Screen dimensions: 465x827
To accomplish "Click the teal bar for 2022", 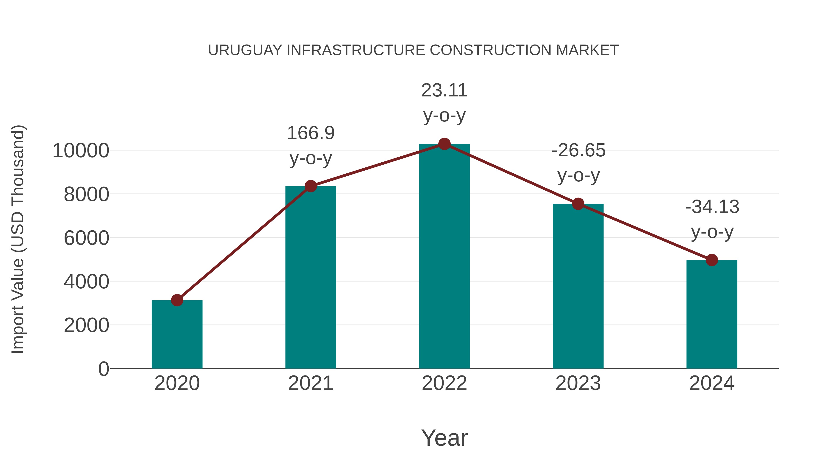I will pyautogui.click(x=444, y=257).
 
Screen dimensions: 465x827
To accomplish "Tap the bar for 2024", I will pyautogui.click(x=712, y=315).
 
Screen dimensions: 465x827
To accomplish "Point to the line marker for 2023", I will pyautogui.click(x=578, y=204).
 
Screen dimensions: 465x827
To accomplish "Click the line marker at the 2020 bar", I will pyautogui.click(x=177, y=300).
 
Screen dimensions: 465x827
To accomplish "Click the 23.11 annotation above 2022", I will pyautogui.click(x=444, y=90).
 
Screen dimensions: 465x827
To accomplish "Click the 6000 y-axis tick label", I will pyautogui.click(x=87, y=238).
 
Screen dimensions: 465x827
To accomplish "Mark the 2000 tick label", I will pyautogui.click(x=87, y=325).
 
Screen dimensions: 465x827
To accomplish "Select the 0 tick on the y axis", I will pyautogui.click(x=103, y=369).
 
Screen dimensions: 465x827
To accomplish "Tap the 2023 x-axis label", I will pyautogui.click(x=578, y=383).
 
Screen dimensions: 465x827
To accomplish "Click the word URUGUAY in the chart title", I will pyautogui.click(x=245, y=50).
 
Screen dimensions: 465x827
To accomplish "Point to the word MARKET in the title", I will pyautogui.click(x=587, y=50).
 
